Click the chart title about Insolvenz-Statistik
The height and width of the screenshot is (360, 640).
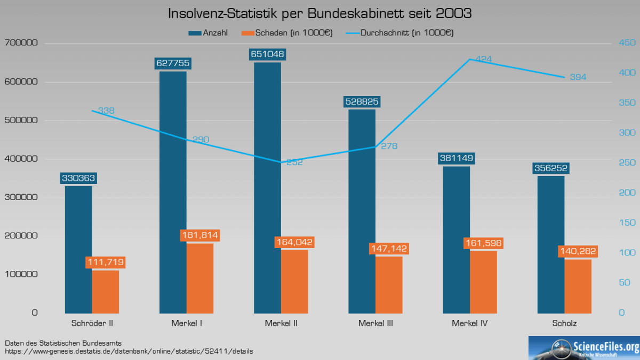(x=320, y=13)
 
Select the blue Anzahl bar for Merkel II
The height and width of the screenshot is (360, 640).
(x=267, y=187)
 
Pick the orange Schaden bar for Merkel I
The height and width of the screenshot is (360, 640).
(x=200, y=278)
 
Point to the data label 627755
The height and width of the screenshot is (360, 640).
(x=173, y=63)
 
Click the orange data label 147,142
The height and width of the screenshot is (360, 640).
(x=389, y=248)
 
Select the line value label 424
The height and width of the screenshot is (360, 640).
(x=483, y=59)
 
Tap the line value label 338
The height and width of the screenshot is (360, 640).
(x=106, y=111)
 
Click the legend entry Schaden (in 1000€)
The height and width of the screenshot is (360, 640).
(x=287, y=33)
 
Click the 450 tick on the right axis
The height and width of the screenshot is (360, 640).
(x=625, y=43)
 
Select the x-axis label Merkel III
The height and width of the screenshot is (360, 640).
(x=375, y=323)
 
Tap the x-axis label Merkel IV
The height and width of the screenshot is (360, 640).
(x=469, y=323)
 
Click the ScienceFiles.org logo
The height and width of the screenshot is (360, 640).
(x=584, y=348)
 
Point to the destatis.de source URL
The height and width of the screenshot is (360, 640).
(x=129, y=351)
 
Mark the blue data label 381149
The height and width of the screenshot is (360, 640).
(x=457, y=158)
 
